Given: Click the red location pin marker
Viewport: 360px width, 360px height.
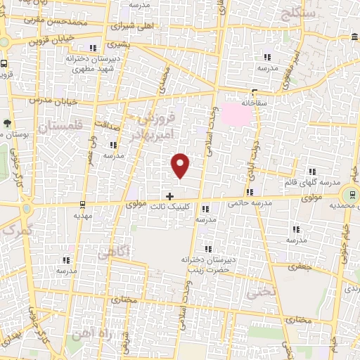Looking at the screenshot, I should [181, 165].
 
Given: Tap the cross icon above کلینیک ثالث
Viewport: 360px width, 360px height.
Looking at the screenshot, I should [169, 195].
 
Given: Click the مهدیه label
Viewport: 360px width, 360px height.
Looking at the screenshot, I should [82, 217].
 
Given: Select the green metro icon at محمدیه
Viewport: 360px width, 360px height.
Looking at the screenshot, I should [348, 193].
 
